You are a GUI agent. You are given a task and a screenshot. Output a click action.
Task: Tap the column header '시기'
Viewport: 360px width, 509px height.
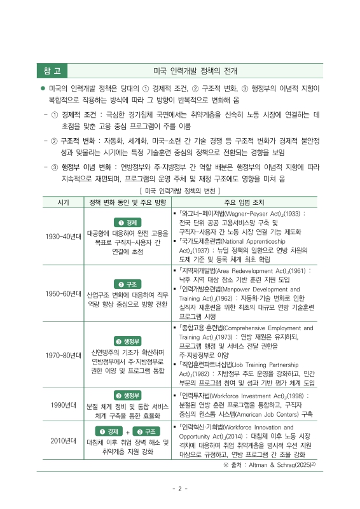tap(63, 202)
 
